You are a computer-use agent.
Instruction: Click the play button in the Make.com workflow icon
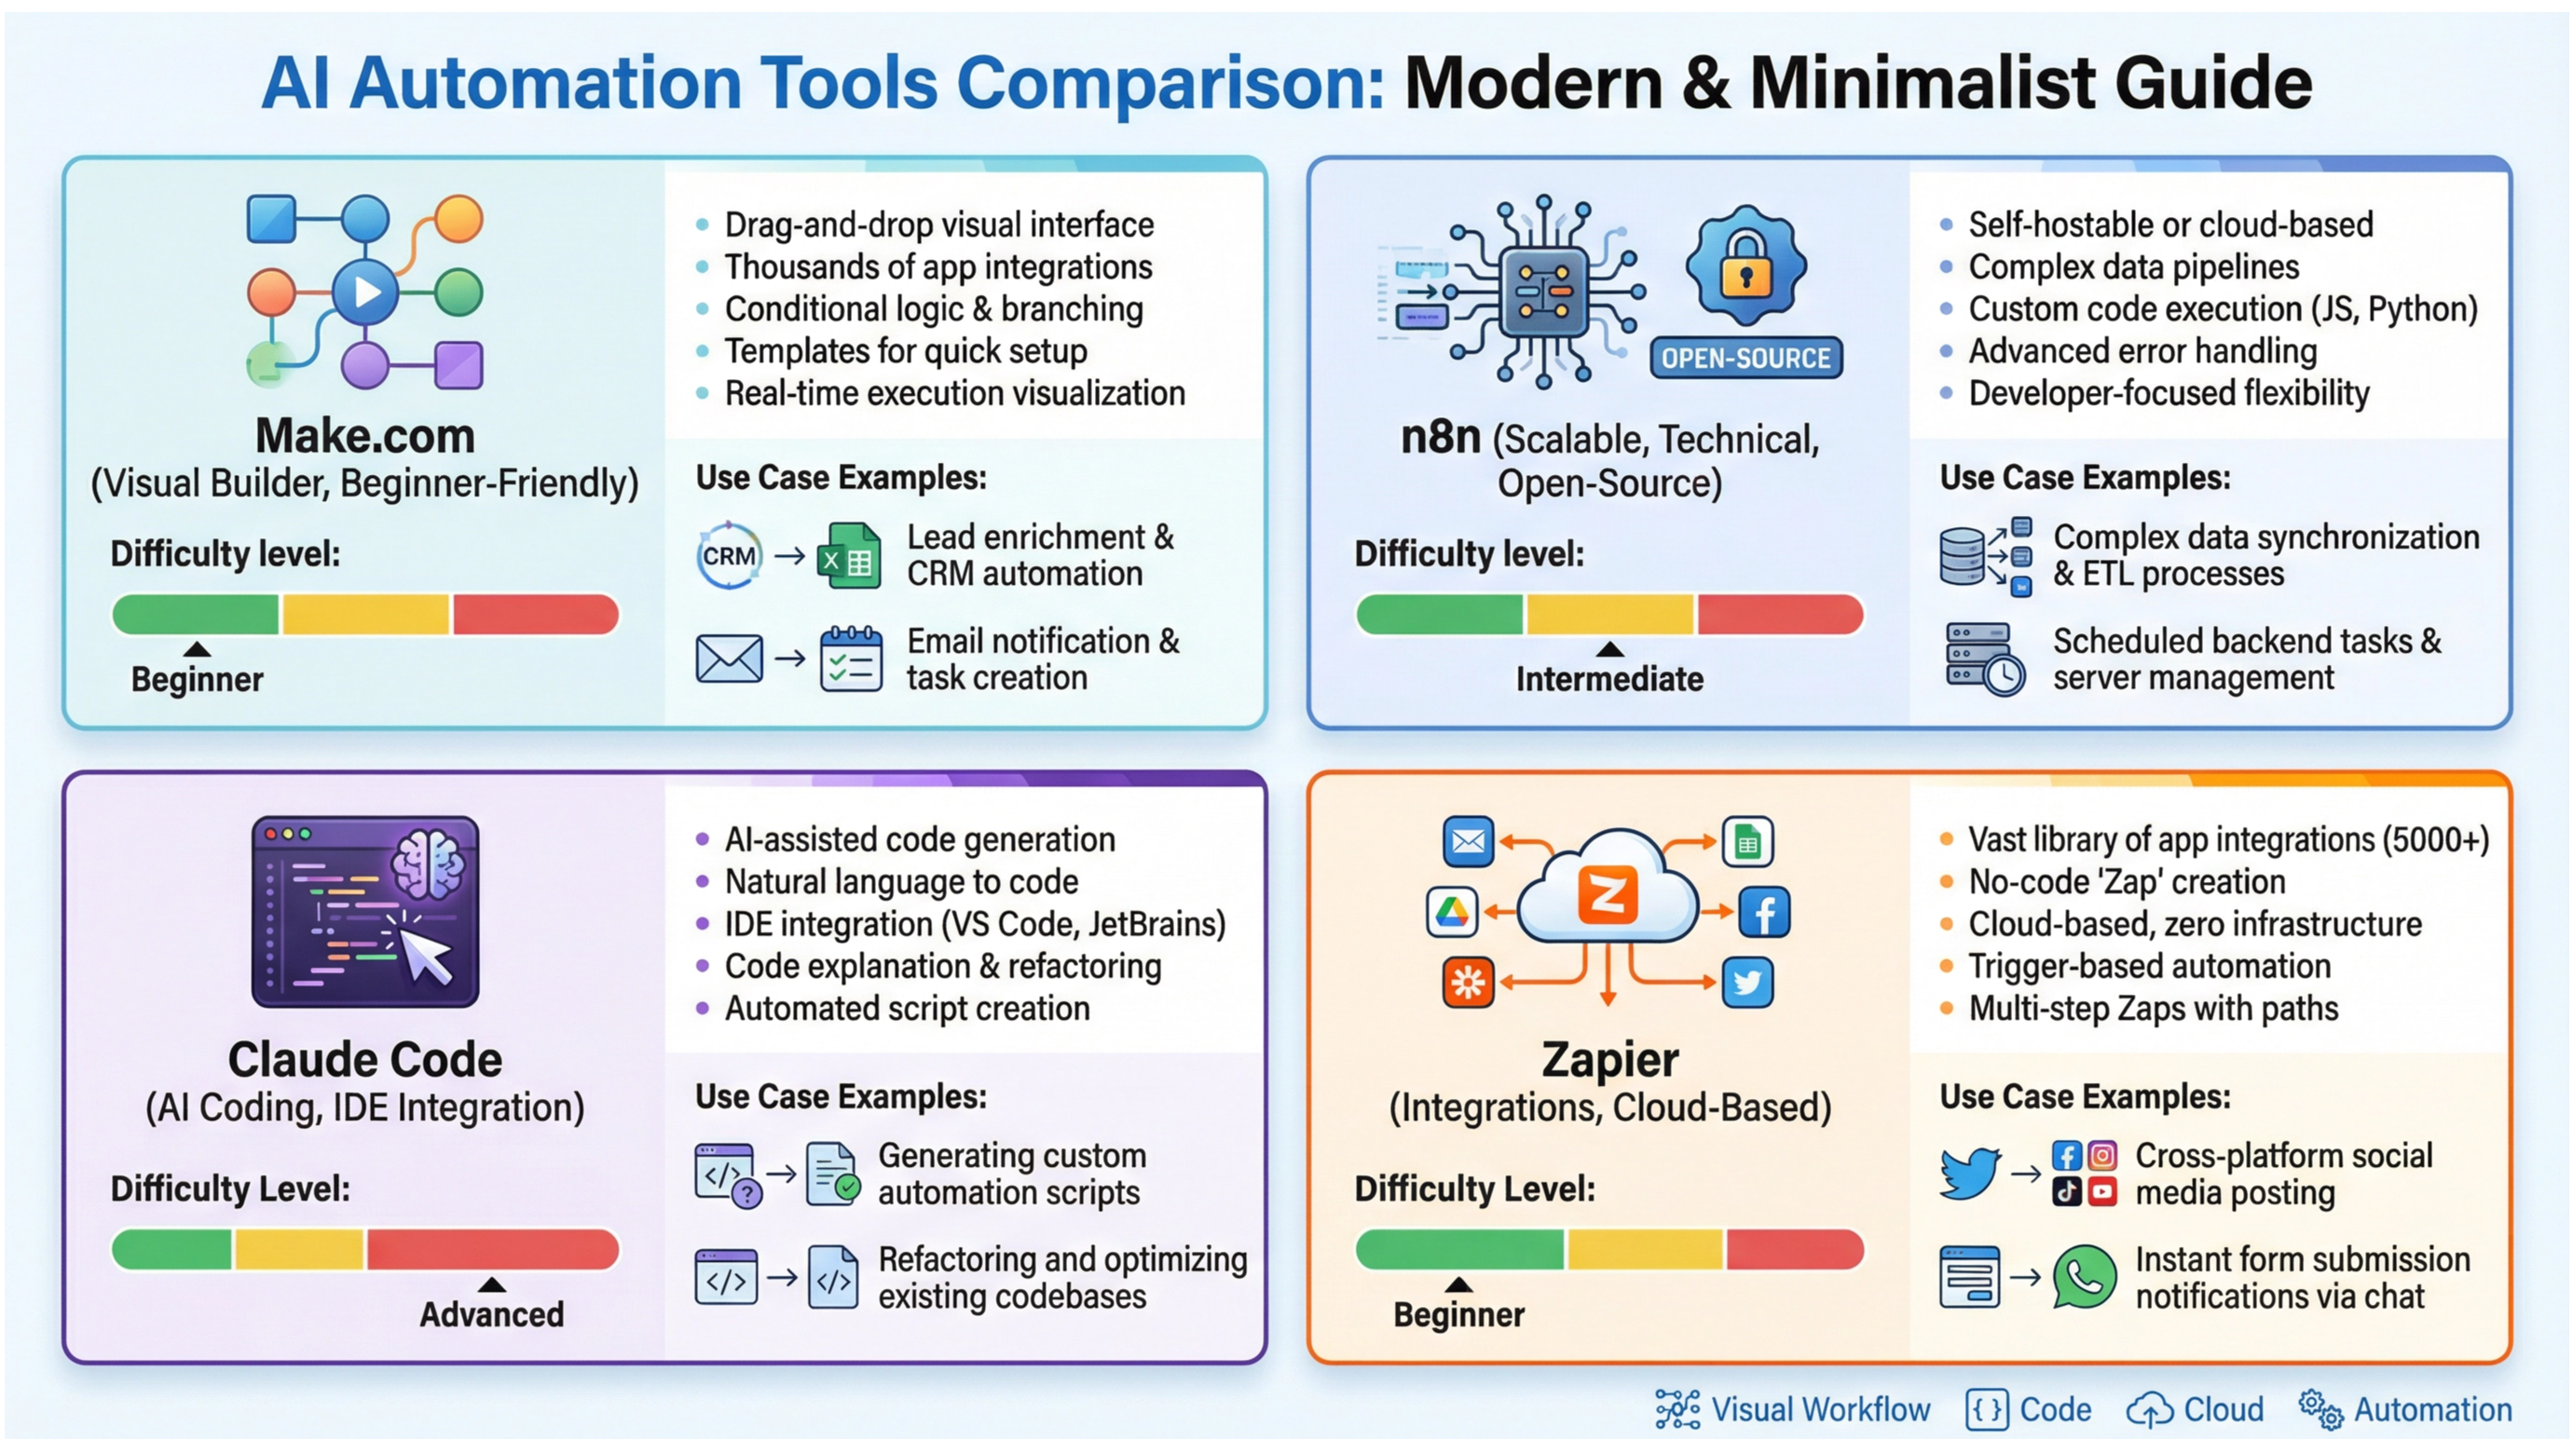pos(365,292)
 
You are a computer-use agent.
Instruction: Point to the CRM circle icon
pos(729,555)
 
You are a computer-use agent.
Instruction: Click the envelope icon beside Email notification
pos(729,659)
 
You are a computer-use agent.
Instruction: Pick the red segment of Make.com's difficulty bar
pos(534,614)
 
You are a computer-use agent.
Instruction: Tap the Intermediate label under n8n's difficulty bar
pos(1609,679)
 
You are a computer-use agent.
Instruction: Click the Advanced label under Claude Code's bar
pos(491,1314)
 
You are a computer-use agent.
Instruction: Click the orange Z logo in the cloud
pos(1608,894)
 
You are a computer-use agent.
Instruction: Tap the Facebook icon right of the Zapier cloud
pos(1764,913)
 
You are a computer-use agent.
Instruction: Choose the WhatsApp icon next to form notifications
pos(2084,1276)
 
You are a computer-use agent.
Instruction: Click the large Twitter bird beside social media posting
pos(1969,1173)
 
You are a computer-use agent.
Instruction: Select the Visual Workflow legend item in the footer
pos(1793,1409)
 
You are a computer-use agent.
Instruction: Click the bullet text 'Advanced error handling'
pos(2142,351)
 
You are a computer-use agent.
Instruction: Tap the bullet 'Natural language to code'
pos(901,882)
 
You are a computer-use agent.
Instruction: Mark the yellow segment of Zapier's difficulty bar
pos(1644,1249)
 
